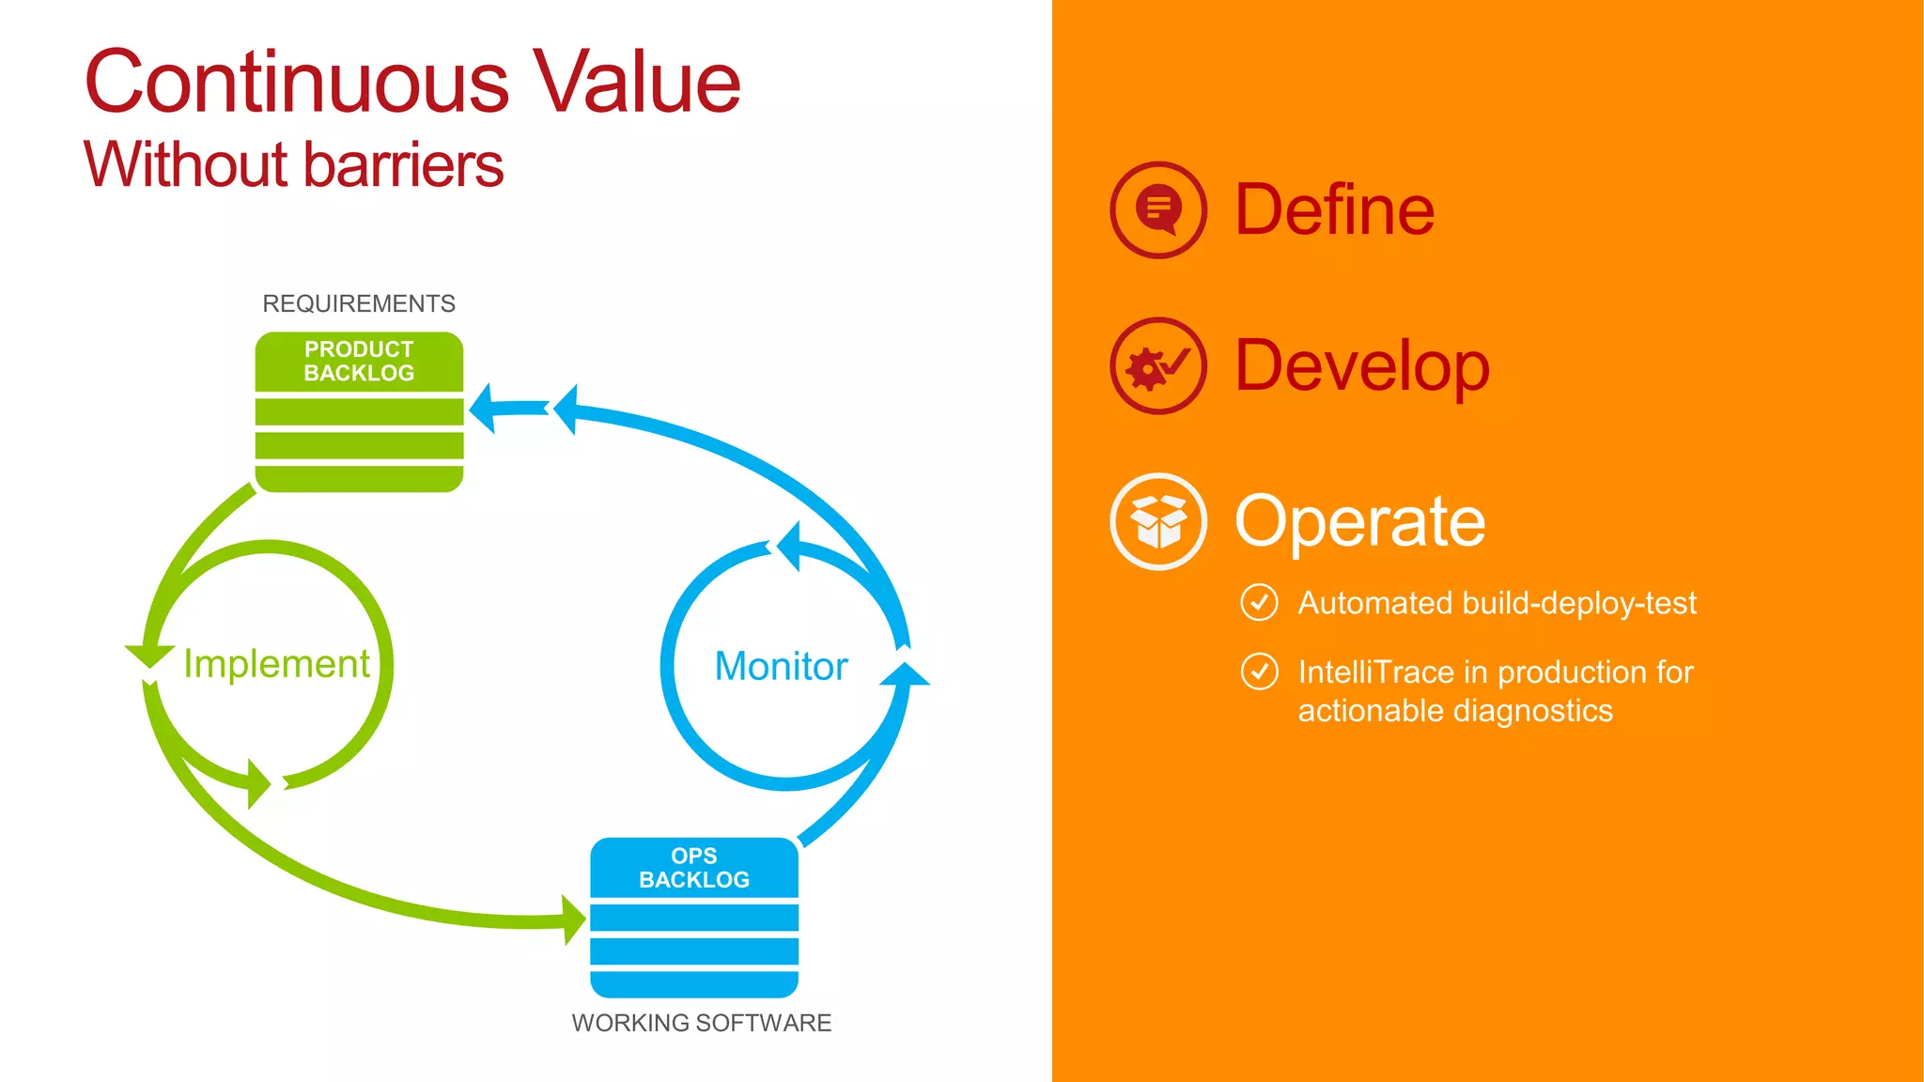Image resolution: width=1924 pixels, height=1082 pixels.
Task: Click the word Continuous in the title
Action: tap(297, 83)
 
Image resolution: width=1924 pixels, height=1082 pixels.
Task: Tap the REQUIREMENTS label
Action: tap(359, 303)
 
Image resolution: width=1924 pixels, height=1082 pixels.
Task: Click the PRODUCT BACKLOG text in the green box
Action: tap(359, 362)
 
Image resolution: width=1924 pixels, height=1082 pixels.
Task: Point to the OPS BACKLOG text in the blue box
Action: tap(694, 868)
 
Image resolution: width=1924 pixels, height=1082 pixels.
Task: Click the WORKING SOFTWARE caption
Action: tap(702, 1023)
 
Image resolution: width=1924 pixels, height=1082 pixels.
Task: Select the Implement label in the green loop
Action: tap(276, 664)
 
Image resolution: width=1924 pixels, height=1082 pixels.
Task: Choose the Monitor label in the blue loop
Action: tap(781, 667)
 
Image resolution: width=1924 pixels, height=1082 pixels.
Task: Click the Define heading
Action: tap(1334, 209)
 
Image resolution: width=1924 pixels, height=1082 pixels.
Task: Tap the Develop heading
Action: tap(1361, 366)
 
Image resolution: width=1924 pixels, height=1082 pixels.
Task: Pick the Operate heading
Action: tap(1359, 521)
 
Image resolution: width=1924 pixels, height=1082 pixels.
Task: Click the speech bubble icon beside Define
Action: tap(1158, 210)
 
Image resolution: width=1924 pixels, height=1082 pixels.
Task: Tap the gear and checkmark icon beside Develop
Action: tap(1158, 366)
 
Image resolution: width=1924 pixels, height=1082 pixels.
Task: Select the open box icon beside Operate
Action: tap(1158, 521)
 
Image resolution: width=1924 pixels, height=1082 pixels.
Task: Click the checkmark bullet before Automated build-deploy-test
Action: tap(1259, 603)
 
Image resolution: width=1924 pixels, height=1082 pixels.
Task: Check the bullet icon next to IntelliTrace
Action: tap(1259, 672)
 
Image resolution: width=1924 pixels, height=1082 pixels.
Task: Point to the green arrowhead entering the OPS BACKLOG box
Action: tap(574, 920)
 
